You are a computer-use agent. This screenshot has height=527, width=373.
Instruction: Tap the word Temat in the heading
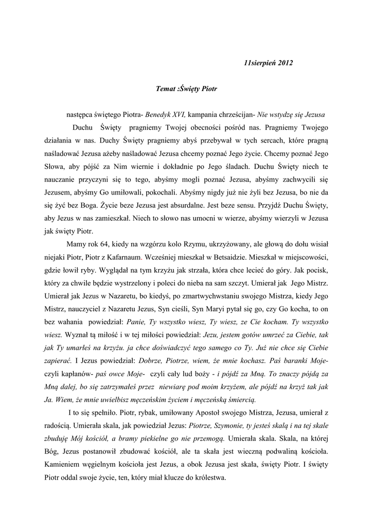coord(166,89)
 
